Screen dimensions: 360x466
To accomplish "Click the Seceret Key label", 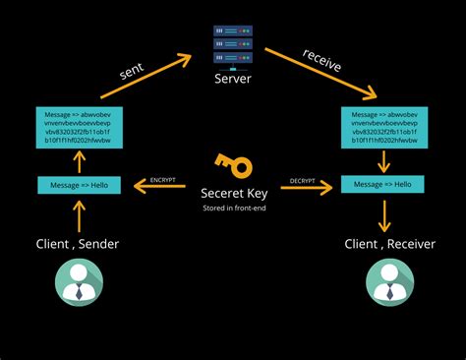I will (x=233, y=194).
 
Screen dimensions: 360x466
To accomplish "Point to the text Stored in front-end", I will (x=233, y=209).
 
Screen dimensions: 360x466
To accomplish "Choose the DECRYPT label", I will (x=303, y=180).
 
